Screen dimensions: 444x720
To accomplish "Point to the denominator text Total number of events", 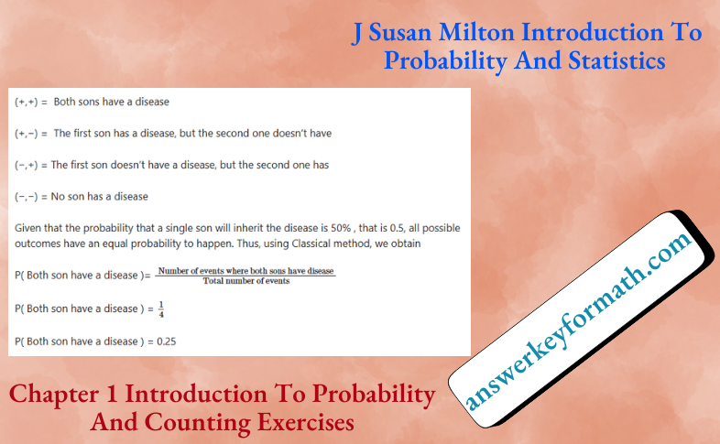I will point(245,281).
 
